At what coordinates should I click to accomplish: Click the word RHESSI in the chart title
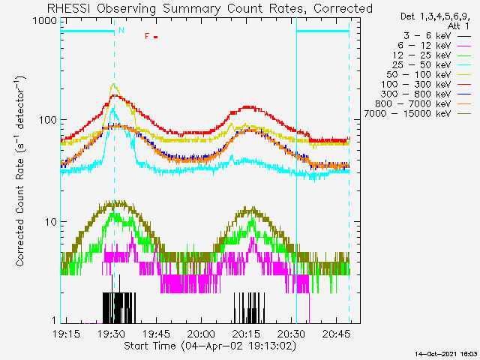(x=69, y=8)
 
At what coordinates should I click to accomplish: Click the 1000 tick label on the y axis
(x=45, y=22)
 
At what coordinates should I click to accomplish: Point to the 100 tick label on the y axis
(x=48, y=120)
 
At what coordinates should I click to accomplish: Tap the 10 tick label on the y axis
(x=51, y=222)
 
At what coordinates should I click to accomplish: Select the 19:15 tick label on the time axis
(x=67, y=334)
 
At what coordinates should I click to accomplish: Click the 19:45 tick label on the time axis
(x=157, y=334)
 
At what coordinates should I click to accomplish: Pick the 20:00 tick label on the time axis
(x=202, y=334)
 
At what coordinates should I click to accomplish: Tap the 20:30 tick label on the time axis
(x=292, y=334)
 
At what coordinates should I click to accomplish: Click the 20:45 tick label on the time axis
(x=337, y=334)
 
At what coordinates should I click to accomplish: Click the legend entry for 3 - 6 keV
(x=436, y=36)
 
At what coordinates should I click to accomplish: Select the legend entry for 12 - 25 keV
(x=432, y=55)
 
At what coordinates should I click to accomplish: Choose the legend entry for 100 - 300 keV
(x=426, y=85)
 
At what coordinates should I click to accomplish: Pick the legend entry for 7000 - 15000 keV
(x=417, y=114)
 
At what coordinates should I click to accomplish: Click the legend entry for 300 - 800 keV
(x=426, y=94)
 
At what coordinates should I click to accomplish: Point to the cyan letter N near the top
(x=121, y=30)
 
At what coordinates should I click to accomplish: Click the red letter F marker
(x=147, y=37)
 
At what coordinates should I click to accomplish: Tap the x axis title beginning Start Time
(x=210, y=346)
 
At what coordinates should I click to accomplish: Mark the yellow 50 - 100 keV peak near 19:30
(x=113, y=83)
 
